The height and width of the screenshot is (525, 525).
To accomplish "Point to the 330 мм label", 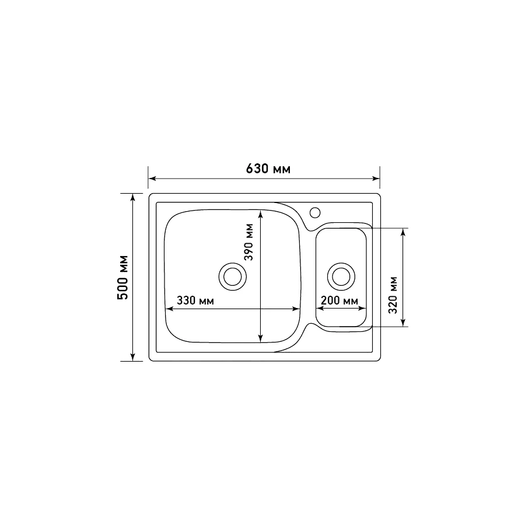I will pyautogui.click(x=195, y=301).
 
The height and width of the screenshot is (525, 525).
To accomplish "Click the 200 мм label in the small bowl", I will pyautogui.click(x=338, y=301).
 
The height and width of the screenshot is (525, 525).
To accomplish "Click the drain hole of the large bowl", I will pyautogui.click(x=233, y=276).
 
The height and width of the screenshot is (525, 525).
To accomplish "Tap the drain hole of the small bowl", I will pyautogui.click(x=341, y=276).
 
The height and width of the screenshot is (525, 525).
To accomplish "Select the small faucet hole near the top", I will pyautogui.click(x=316, y=211).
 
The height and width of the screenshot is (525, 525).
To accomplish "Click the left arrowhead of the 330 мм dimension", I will pyautogui.click(x=170, y=309).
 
